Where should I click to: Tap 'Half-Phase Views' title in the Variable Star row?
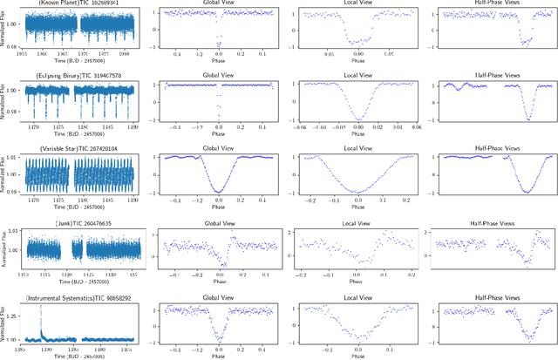[494, 148]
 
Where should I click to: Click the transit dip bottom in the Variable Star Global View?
[219, 191]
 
